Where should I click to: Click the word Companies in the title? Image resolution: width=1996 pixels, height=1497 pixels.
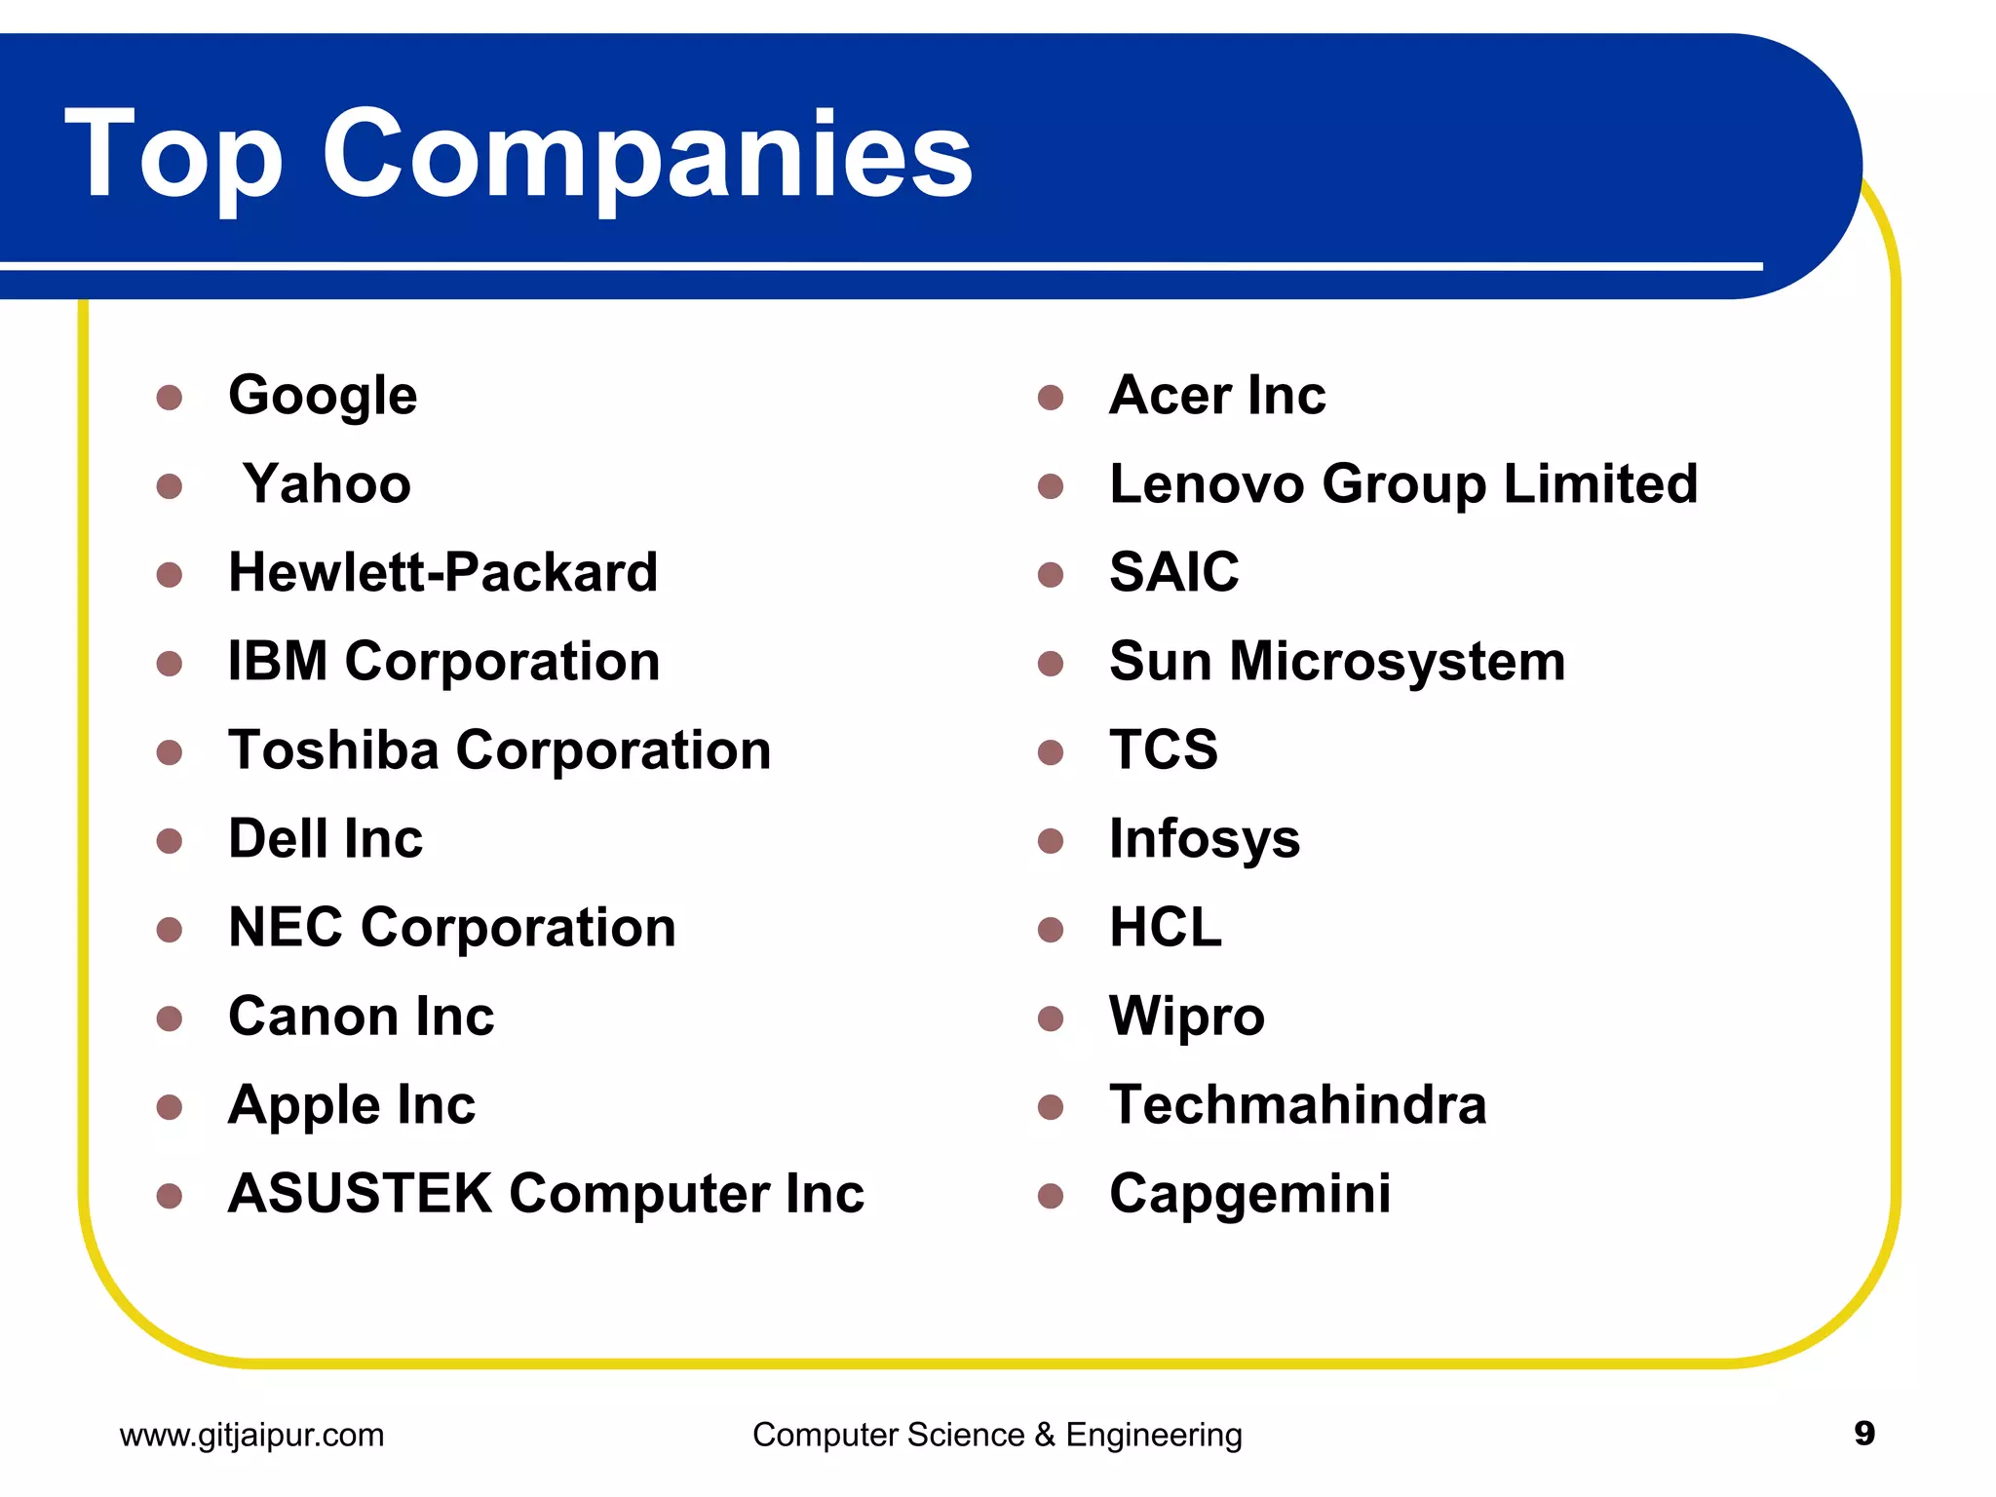point(647,156)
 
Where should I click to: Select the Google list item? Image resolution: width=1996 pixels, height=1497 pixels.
point(323,396)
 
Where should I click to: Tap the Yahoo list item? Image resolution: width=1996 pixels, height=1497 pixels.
point(326,484)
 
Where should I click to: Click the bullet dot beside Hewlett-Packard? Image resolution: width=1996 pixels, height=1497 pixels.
point(170,574)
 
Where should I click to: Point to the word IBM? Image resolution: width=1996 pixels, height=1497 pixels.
point(278,661)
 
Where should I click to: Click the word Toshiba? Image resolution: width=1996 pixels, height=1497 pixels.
point(333,750)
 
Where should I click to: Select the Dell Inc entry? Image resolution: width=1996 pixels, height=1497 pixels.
point(326,839)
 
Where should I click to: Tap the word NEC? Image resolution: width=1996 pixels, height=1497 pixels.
point(285,927)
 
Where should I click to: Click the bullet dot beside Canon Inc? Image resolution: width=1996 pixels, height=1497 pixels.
point(170,1018)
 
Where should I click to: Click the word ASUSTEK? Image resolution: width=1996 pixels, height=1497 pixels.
point(360,1193)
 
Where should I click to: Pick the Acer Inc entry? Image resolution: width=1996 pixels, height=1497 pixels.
point(1217,396)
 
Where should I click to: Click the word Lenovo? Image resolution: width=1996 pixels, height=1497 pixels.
point(1207,484)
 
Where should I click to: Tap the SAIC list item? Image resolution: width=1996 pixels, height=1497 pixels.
point(1174,572)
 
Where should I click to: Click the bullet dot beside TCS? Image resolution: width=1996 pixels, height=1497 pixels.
point(1051,752)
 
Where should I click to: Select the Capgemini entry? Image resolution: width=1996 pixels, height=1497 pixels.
point(1250,1195)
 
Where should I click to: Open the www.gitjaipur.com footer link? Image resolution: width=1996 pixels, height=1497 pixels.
point(251,1435)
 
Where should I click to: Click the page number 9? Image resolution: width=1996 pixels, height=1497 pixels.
point(1864,1434)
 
